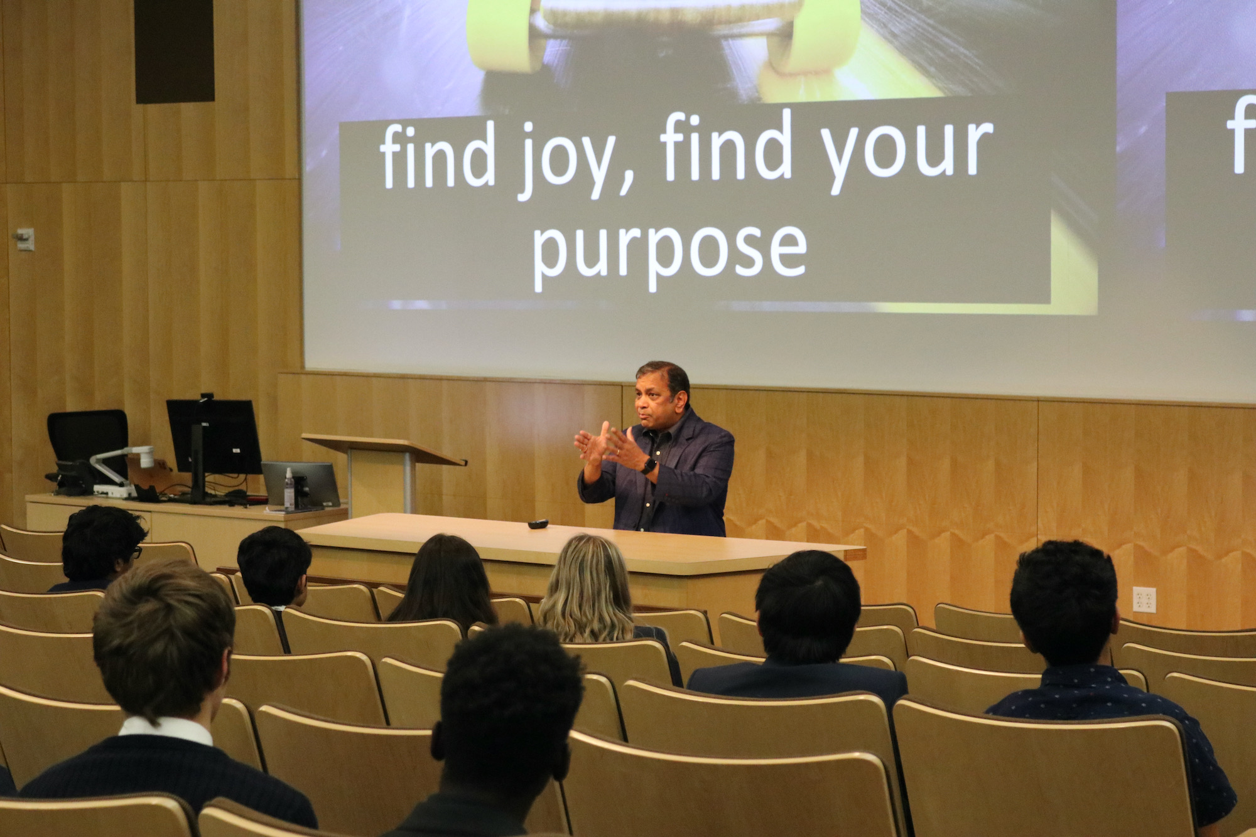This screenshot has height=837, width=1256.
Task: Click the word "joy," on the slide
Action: click(573, 157)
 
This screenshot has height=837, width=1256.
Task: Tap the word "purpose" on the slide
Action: click(669, 250)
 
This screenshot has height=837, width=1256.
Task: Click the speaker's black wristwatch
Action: click(649, 466)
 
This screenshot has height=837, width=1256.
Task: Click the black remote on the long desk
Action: click(538, 524)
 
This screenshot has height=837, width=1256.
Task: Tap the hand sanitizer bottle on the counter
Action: click(289, 489)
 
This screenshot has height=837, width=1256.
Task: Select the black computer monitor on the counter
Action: click(213, 439)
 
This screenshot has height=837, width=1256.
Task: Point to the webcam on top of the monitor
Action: click(206, 397)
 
